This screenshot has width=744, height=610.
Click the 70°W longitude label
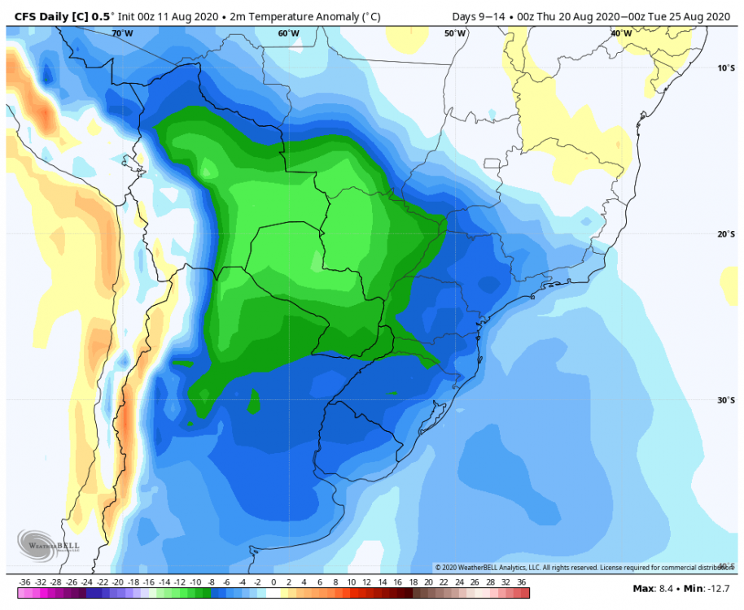[x=122, y=33]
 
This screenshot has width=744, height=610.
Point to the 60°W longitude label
[x=288, y=33]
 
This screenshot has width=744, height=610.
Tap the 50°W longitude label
[x=455, y=33]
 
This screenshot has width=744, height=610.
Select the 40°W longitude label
[x=621, y=33]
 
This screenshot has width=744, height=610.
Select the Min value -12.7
[x=711, y=588]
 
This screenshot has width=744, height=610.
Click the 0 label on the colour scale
[x=274, y=582]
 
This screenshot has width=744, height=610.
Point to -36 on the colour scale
[x=24, y=582]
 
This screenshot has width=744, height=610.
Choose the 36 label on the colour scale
[x=521, y=582]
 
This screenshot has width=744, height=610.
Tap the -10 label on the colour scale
[x=195, y=582]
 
